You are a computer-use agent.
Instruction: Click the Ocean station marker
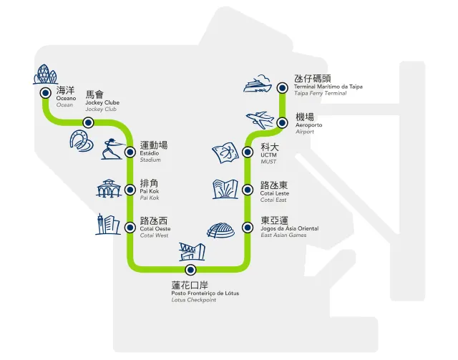[44, 93]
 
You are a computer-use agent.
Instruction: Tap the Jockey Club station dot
[88, 122]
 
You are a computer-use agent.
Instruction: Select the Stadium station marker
[130, 152]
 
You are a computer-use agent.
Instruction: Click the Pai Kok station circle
[130, 190]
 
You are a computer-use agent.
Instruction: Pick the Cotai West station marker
[130, 228]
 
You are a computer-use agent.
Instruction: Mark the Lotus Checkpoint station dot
[190, 270]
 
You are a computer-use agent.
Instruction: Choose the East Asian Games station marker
[248, 228]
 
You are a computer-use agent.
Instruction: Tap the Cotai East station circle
[248, 190]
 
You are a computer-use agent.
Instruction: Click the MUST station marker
[248, 152]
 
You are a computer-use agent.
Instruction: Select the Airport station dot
[282, 122]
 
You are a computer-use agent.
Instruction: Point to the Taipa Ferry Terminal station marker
[282, 87]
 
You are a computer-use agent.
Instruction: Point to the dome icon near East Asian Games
[220, 230]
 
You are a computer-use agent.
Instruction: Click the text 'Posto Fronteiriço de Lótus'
[205, 293]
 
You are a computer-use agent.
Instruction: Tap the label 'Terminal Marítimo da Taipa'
[328, 87]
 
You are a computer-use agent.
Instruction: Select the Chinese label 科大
[269, 147]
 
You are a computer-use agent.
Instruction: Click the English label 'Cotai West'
[155, 235]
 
